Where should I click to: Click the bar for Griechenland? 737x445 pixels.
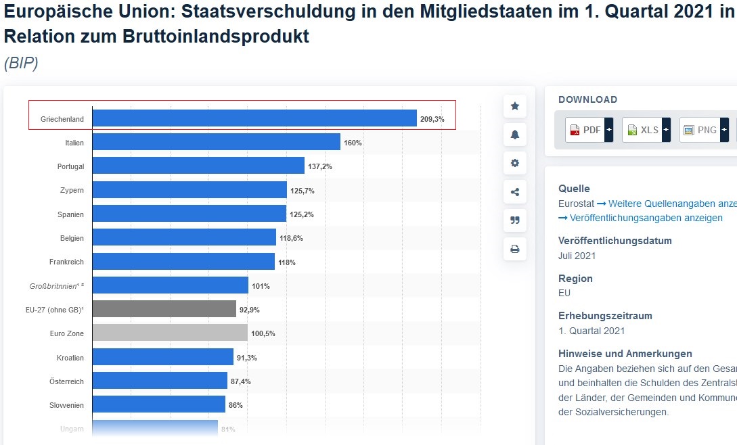[254, 118]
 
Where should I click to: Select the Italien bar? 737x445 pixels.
[216, 142]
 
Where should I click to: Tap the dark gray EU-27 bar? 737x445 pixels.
[164, 309]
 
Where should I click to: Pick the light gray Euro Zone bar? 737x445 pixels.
[169, 333]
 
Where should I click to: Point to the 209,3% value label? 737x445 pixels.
[432, 119]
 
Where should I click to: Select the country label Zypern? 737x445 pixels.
[72, 191]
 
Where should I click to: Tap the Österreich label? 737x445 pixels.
[67, 381]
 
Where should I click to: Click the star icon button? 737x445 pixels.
[515, 106]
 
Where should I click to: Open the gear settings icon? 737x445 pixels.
[515, 163]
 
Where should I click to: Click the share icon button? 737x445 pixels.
[515, 192]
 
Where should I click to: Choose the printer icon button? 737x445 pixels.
[515, 250]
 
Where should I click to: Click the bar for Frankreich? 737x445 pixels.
[183, 261]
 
